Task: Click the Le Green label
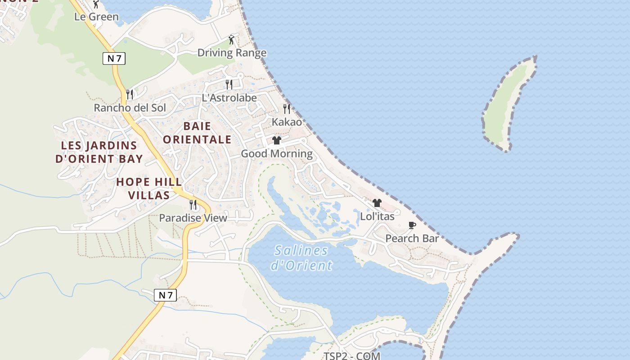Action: [x=96, y=17]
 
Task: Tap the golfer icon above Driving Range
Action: [x=231, y=40]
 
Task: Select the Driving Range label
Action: [x=232, y=53]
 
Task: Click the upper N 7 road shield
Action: [x=114, y=58]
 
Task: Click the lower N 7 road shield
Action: [x=165, y=295]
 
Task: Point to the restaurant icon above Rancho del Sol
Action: [x=130, y=94]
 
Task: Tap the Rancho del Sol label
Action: [x=130, y=108]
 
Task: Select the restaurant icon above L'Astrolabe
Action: [x=229, y=84]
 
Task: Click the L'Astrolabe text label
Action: [x=229, y=98]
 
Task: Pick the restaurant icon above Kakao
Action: [x=287, y=108]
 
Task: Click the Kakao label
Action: [x=287, y=122]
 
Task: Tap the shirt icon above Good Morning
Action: [x=277, y=140]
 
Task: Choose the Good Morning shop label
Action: [x=277, y=154]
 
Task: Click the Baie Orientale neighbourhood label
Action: [x=197, y=133]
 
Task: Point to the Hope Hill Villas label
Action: [x=149, y=189]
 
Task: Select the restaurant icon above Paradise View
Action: [x=193, y=205]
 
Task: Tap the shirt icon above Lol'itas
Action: [x=377, y=203]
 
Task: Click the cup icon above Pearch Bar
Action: [x=412, y=225]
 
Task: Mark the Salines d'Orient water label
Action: [x=301, y=258]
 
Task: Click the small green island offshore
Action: [x=508, y=103]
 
